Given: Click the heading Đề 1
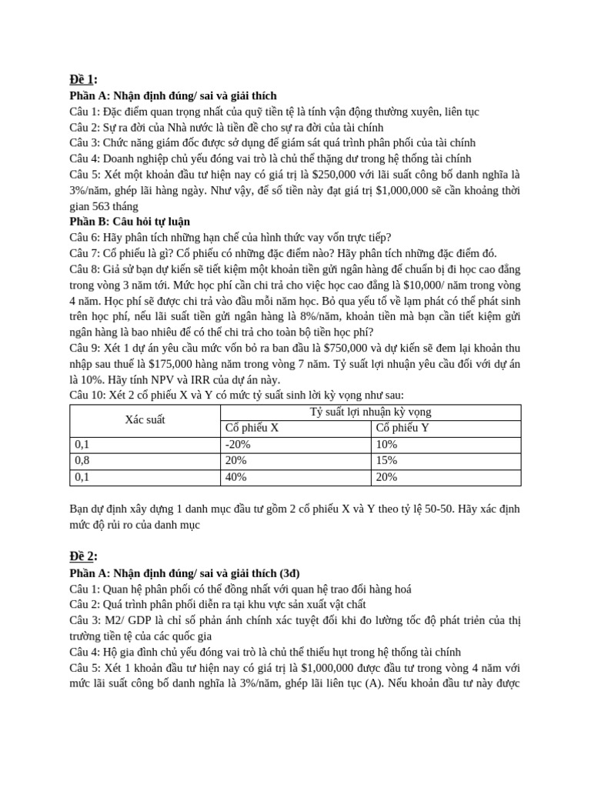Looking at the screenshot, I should pos(83,80).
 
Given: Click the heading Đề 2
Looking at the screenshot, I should pos(83,556).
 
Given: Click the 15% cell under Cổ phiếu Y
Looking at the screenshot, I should pos(386,461).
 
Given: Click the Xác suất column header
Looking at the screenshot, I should pos(145,420).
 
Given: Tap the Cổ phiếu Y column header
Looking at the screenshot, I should pos(402,429).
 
